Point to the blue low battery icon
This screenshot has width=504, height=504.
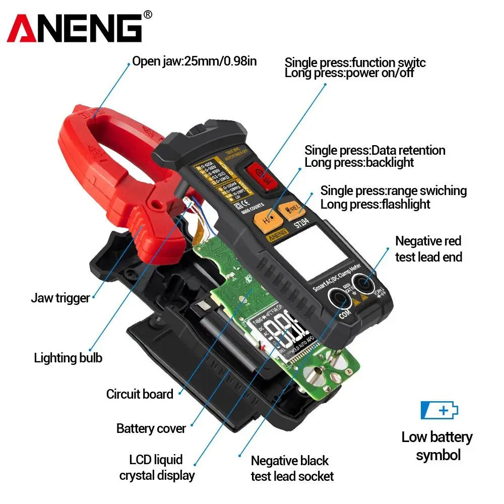pos(439,410)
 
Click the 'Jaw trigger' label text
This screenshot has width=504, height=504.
pos(60,298)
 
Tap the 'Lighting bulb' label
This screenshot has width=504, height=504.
pos(68,358)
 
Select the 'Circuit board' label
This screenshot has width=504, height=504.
pos(140,394)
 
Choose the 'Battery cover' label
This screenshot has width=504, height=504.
pos(151,428)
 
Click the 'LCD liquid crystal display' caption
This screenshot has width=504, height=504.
pos(156,467)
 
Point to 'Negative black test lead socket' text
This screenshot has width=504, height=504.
pos(292,468)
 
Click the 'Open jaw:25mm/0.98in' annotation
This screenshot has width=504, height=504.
pos(195,61)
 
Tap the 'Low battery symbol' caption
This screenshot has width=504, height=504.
pos(437,446)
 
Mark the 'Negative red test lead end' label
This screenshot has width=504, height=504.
pos(428,249)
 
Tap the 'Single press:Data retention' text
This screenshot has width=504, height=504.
pos(375,150)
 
